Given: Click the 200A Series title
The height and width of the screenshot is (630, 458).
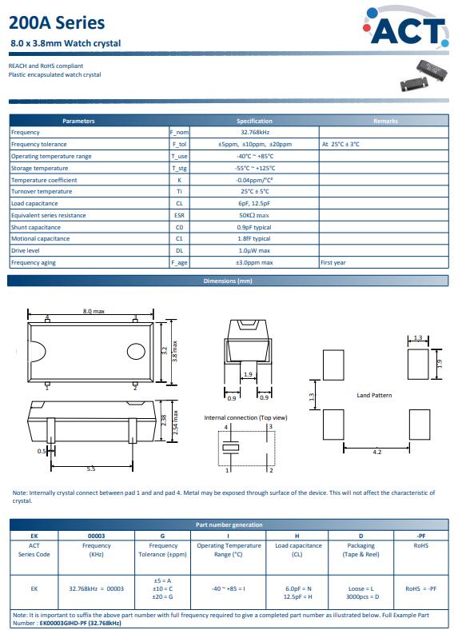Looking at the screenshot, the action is click(x=57, y=23).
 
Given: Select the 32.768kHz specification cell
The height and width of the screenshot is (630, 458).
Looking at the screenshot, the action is click(x=255, y=132).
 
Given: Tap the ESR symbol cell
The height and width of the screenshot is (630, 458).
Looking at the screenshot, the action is click(x=179, y=215).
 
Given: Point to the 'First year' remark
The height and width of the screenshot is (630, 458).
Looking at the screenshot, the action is click(x=333, y=262).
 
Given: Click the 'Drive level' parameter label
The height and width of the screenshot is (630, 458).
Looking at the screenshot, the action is click(x=26, y=250).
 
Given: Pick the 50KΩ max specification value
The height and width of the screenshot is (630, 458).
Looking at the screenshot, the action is click(x=254, y=215).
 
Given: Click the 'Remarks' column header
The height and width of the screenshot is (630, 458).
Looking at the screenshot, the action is click(x=385, y=121).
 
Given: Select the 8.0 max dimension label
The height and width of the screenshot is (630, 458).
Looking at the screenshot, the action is click(x=94, y=311).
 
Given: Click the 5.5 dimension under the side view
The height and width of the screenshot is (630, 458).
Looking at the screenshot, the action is click(x=91, y=469).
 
